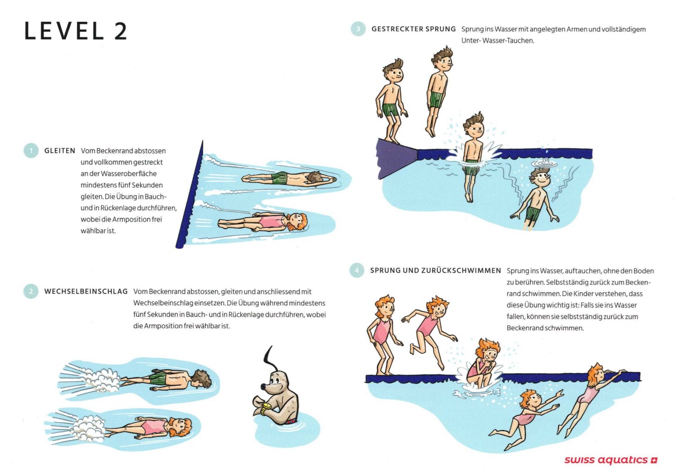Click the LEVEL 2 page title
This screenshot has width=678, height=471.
pyautogui.click(x=76, y=31)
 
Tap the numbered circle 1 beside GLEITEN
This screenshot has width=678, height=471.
pyautogui.click(x=31, y=150)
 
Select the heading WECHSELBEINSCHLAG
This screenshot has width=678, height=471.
pyautogui.click(x=86, y=292)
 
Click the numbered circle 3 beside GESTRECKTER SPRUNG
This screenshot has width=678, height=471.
pyautogui.click(x=358, y=29)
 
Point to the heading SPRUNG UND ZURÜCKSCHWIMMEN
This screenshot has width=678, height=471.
pyautogui.click(x=436, y=271)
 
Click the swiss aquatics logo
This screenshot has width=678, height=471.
pyautogui.click(x=611, y=460)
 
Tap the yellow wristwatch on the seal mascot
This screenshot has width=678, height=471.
pyautogui.click(x=266, y=408)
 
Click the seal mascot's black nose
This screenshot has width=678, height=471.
pyautogui.click(x=264, y=386)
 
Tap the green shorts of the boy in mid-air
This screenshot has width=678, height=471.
pyautogui.click(x=437, y=99)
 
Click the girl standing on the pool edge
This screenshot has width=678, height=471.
pyautogui.click(x=383, y=335)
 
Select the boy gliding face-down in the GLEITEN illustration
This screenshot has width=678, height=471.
pyautogui.click(x=289, y=179)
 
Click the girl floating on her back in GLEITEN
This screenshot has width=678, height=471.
pyautogui.click(x=263, y=222)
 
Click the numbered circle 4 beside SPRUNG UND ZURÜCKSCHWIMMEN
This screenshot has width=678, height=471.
pyautogui.click(x=357, y=270)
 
